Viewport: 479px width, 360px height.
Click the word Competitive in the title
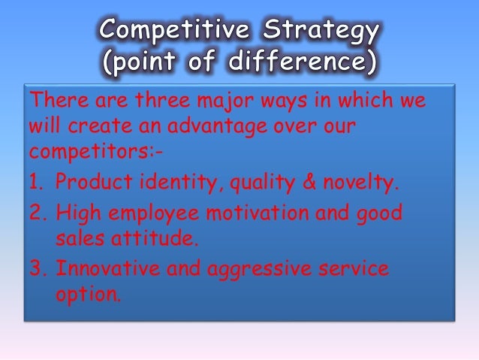pyautogui.click(x=173, y=32)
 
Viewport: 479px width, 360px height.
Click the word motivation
pyautogui.click(x=267, y=214)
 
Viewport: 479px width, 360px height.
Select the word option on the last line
pyautogui.click(x=86, y=294)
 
